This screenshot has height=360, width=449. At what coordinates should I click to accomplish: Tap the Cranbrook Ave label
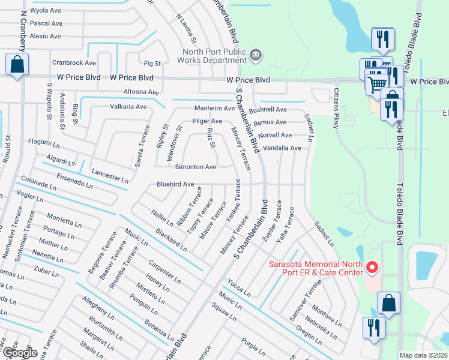74,62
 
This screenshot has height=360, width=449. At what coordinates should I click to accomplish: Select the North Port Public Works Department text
214,56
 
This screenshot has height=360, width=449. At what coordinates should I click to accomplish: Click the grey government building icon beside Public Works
256,56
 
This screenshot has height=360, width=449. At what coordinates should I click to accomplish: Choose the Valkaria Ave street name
128,107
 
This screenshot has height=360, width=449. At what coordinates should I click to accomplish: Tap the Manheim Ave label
214,108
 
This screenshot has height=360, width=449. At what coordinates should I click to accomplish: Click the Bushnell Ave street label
268,110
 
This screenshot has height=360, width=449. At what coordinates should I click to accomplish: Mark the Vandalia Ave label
282,148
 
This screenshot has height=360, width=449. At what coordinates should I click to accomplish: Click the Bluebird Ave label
175,184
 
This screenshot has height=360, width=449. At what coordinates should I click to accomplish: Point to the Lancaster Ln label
110,176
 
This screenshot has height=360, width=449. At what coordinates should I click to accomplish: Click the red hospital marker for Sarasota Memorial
372,267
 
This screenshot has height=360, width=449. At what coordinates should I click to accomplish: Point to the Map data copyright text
423,355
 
